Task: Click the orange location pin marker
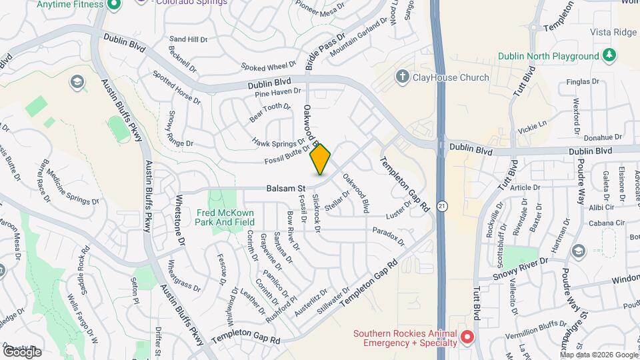[321, 159]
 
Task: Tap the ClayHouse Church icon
[402, 77]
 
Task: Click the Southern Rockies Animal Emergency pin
[467, 338]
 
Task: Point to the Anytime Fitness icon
[113, 4]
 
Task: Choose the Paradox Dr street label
[389, 234]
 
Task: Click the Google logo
[22, 351]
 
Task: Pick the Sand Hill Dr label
[189, 39]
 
